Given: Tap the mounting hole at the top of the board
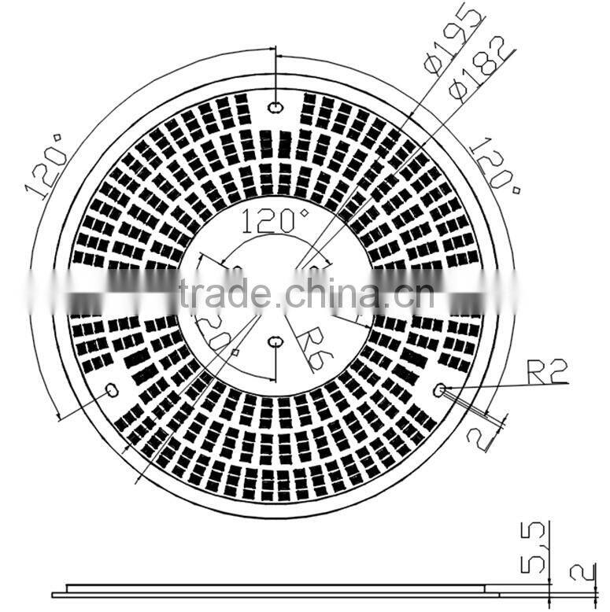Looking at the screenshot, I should [x=275, y=107].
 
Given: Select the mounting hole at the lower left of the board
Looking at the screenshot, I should [x=112, y=389].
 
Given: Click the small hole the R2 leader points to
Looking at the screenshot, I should [x=440, y=389].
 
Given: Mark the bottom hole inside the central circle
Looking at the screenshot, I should [x=276, y=341].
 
